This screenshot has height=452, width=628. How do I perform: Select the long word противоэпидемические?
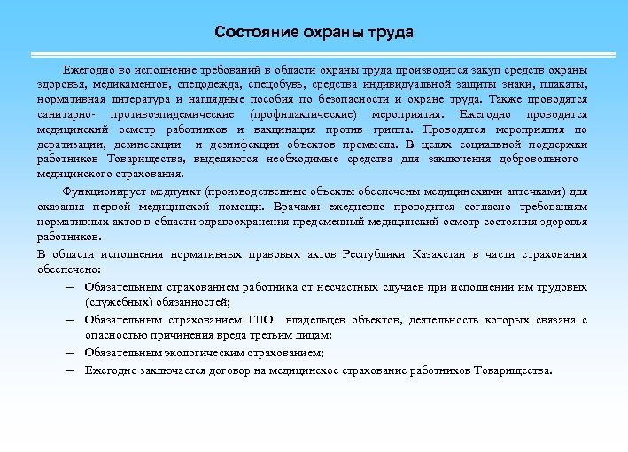(169, 114)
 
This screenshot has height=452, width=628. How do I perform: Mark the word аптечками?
(531, 191)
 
